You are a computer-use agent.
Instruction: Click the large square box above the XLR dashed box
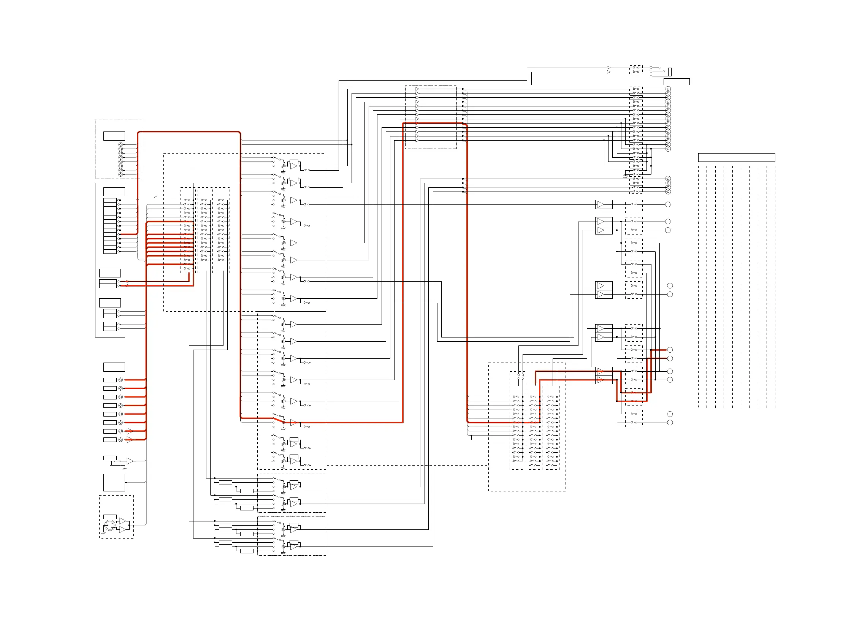tap(114, 482)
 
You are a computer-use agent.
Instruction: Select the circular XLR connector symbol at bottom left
tap(109, 526)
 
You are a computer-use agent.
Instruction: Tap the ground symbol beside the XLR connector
tap(103, 532)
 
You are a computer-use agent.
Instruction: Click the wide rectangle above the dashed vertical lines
tap(736, 157)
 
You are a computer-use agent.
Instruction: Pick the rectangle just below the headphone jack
tap(677, 82)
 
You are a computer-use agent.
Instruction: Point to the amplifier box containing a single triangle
tap(604, 204)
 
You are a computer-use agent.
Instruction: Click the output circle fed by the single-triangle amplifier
tap(667, 204)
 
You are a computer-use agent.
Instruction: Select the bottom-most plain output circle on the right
tap(670, 423)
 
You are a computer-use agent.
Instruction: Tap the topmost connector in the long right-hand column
tap(668, 89)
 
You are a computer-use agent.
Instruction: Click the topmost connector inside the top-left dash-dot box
tap(120, 144)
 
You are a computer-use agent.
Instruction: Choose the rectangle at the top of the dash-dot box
tap(114, 136)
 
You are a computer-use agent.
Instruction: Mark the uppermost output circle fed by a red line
tap(670, 350)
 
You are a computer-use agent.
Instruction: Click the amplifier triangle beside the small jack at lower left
tap(130, 461)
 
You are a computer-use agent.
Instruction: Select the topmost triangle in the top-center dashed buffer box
tap(417, 89)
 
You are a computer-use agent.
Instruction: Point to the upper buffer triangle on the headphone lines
tap(608, 68)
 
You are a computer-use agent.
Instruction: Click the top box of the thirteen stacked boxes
tap(109, 200)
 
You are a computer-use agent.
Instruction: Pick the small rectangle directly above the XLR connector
tap(109, 517)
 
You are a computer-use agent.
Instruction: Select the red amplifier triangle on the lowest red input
tap(129, 440)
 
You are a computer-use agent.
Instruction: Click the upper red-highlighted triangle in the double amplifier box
tap(600, 372)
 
